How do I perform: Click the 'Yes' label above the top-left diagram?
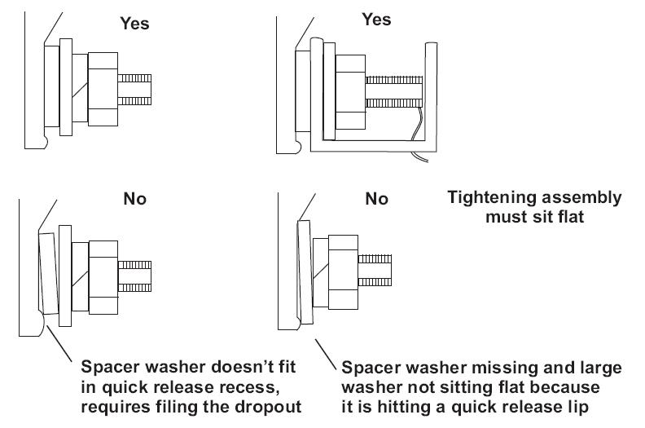[x=134, y=24]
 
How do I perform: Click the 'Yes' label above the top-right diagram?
[x=377, y=19]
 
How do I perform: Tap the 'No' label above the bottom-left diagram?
[x=134, y=198]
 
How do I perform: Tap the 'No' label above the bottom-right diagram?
[x=377, y=198]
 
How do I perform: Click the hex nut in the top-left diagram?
[x=104, y=89]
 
